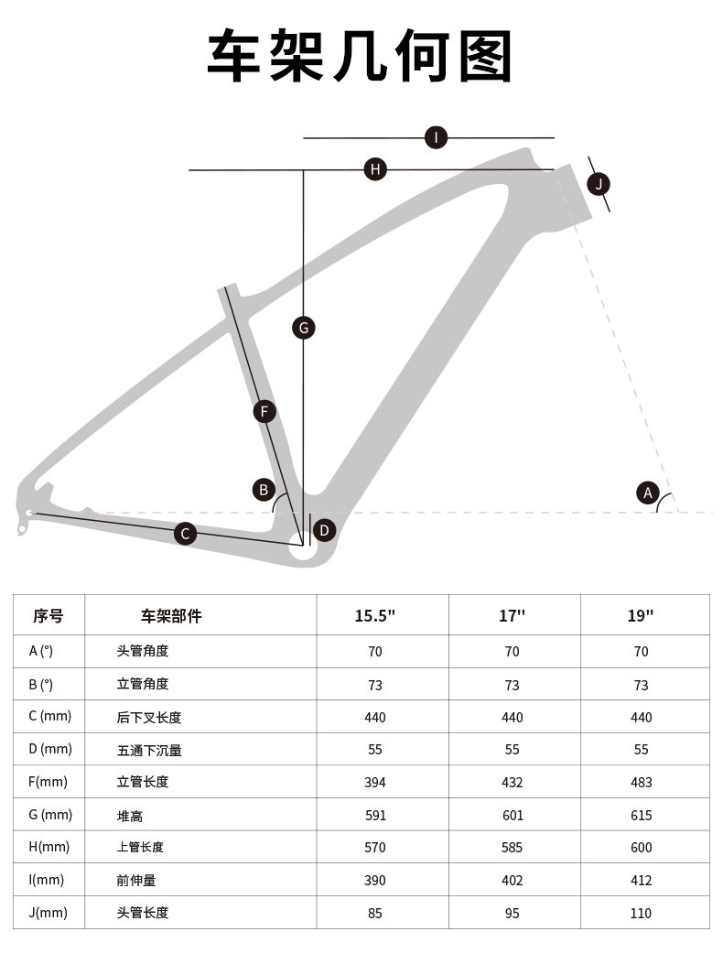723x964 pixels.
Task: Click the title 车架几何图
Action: (361, 57)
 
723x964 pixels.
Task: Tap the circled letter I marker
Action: (437, 138)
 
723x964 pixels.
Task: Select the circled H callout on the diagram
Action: (375, 169)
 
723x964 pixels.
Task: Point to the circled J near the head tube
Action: (599, 184)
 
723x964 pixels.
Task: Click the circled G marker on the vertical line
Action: (304, 327)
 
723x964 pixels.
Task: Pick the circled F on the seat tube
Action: (264, 411)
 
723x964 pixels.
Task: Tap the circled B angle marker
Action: (264, 490)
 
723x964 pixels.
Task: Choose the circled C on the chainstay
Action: (186, 534)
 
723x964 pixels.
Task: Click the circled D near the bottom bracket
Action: (324, 530)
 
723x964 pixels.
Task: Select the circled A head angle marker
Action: (648, 493)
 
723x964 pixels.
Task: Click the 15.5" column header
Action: (375, 615)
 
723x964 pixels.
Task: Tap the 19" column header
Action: (641, 615)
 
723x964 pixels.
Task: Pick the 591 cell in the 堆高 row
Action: (375, 815)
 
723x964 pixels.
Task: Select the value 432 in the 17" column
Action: (512, 782)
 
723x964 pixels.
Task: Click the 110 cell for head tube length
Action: (641, 913)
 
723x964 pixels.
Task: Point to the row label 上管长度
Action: (140, 847)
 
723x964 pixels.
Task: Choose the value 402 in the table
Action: (512, 880)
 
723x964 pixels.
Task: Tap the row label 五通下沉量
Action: (149, 750)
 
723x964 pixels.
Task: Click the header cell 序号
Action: (49, 615)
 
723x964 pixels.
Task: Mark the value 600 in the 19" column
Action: (641, 847)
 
